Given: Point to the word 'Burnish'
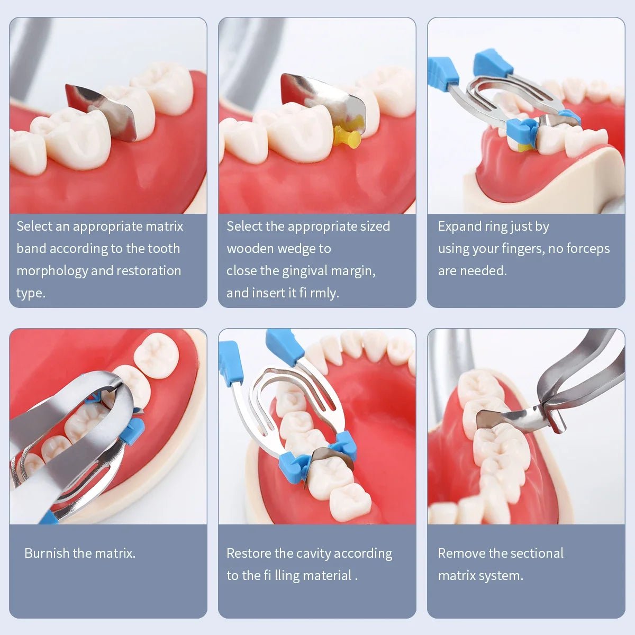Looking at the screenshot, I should click(x=47, y=554).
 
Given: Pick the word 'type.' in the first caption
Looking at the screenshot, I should click(x=31, y=293).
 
